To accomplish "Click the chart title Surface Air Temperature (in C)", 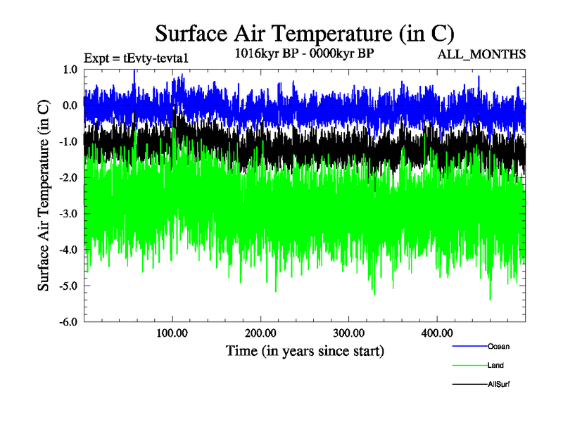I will pyautogui.click(x=304, y=33).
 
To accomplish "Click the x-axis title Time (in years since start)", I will pyautogui.click(x=305, y=350).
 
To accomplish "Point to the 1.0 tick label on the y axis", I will pyautogui.click(x=70, y=70).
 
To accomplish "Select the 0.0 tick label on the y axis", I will pyautogui.click(x=70, y=105).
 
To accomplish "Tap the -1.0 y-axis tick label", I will pyautogui.click(x=68, y=141).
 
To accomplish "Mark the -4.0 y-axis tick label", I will pyautogui.click(x=68, y=250).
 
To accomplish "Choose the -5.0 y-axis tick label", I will pyautogui.click(x=68, y=286).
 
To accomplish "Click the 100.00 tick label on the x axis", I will pyautogui.click(x=172, y=332).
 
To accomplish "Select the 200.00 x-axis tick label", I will pyautogui.click(x=260, y=332).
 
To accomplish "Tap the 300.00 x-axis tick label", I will pyautogui.click(x=348, y=332).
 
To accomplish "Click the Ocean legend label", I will pyautogui.click(x=498, y=346).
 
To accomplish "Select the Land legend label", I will pyautogui.click(x=495, y=365).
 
